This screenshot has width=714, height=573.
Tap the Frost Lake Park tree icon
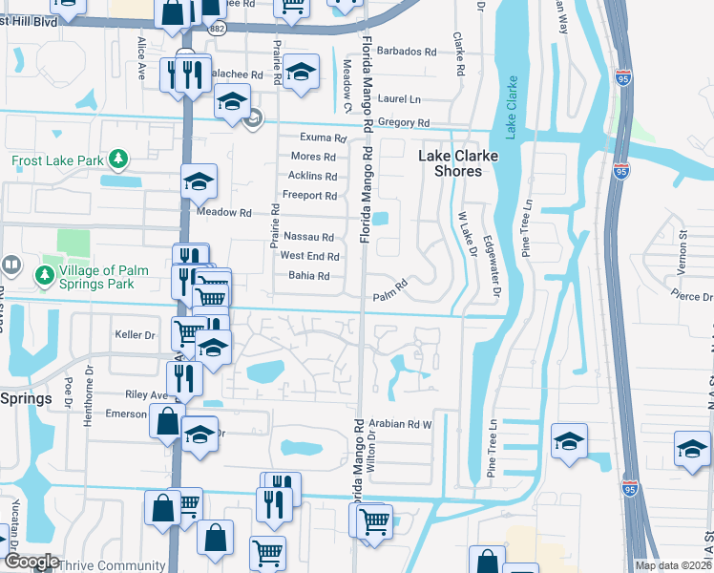(118, 159)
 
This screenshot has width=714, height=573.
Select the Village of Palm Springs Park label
(93, 277)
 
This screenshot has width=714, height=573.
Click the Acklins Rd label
(312, 176)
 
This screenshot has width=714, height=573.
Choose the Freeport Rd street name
(312, 196)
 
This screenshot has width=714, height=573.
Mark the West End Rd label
(309, 256)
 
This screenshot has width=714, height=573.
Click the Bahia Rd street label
(308, 276)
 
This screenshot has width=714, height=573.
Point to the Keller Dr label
(135, 335)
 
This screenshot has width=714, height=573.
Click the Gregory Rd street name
(404, 123)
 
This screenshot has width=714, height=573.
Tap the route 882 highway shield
(219, 29)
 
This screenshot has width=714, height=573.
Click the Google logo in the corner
(31, 562)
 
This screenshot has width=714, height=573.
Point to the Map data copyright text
(673, 566)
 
